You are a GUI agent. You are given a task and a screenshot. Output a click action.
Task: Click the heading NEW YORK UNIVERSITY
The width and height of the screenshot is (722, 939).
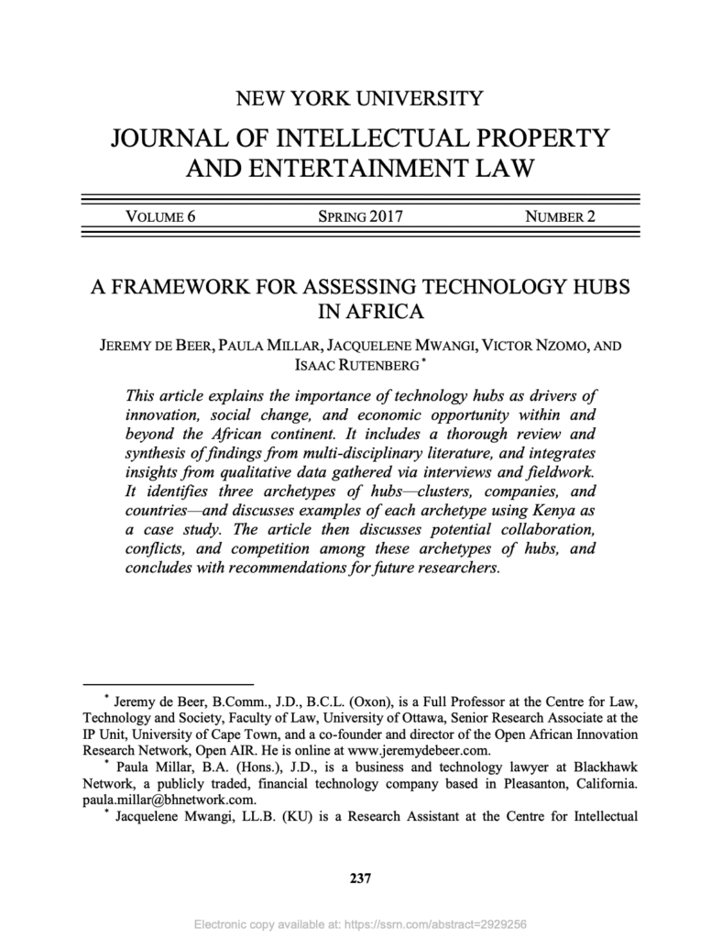pyautogui.click(x=360, y=96)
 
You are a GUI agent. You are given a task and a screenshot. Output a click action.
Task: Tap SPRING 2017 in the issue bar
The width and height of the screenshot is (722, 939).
pyautogui.click(x=360, y=216)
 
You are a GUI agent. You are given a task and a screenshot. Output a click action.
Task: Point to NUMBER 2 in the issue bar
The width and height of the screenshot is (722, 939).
pyautogui.click(x=560, y=216)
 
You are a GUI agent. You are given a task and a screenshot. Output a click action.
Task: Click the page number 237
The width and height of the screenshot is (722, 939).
pyautogui.click(x=360, y=880)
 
